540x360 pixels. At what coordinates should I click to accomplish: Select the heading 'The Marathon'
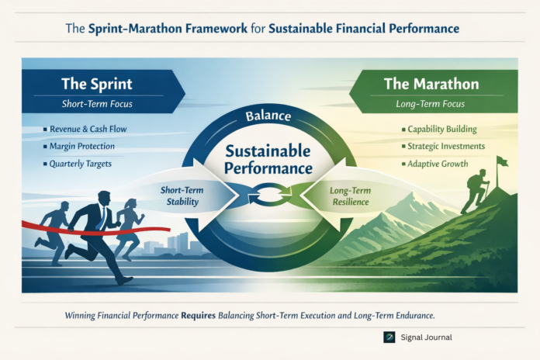(x=432, y=81)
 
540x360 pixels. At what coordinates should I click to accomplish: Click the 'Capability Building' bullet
(x=440, y=129)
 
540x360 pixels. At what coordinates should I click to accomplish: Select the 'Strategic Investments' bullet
(x=445, y=146)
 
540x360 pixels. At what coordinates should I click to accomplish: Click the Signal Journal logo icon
(x=389, y=337)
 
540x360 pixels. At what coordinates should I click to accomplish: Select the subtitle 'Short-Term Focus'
(x=95, y=103)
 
